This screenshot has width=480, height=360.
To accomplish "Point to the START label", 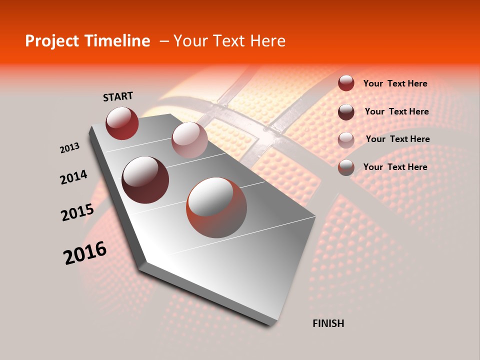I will tap(118, 96).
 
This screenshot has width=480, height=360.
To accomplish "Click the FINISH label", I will tap(328, 323).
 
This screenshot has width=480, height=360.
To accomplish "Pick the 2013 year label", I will tap(70, 148).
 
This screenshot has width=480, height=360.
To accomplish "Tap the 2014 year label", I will tap(73, 177).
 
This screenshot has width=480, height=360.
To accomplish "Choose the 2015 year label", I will tap(77, 212).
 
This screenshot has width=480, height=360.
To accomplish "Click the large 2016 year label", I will tap(85, 253).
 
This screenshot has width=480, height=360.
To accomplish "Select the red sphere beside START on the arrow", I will tap(122, 123).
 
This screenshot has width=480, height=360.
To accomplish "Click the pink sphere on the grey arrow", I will tap(189, 140).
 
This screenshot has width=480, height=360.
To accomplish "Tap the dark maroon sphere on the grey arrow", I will tap(145, 179).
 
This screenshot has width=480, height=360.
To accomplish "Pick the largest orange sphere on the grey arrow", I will tap(216, 207).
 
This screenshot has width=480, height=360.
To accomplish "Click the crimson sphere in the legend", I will tap(346, 83).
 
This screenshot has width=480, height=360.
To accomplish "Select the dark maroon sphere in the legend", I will tap(346, 111).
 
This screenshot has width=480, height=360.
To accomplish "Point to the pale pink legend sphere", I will tap(346, 139).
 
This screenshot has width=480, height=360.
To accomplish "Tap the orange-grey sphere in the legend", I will tap(346, 167).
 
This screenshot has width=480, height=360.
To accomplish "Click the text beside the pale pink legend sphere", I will tap(397, 139).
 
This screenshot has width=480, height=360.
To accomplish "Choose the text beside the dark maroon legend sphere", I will tap(396, 111).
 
